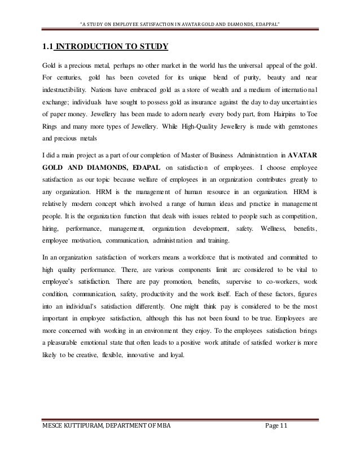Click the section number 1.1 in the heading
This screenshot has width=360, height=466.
pyautogui.click(x=44, y=45)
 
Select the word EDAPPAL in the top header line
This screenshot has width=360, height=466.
pyautogui.click(x=266, y=8)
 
